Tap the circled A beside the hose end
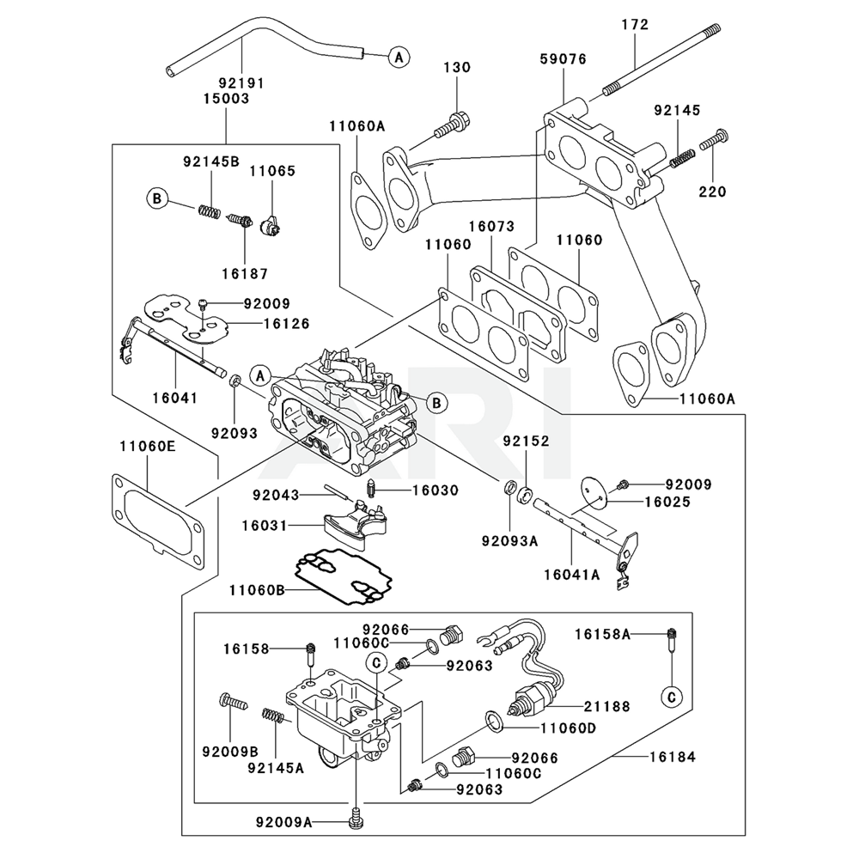pos(397,57)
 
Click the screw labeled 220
pos(715,139)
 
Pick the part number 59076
pos(563,59)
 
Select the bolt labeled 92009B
pos(233,702)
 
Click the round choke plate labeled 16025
pos(592,490)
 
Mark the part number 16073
pos(491,227)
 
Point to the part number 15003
pos(226,99)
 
